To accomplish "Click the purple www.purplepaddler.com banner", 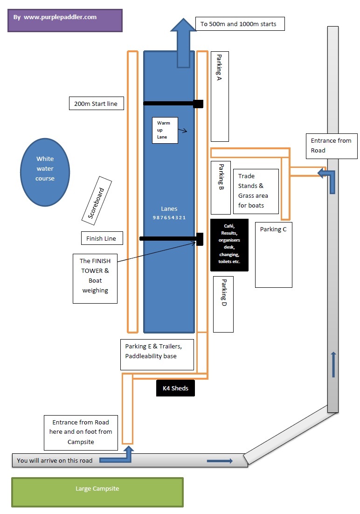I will pyautogui.click(x=65, y=21).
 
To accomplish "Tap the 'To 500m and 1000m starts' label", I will pyautogui.click(x=240, y=24).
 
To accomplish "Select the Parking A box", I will pyautogui.click(x=220, y=96).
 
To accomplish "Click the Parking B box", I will pyautogui.click(x=221, y=188).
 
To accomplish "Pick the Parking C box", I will pyautogui.click(x=274, y=255).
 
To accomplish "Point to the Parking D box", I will pyautogui.click(x=223, y=304).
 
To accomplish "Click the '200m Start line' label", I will pyautogui.click(x=96, y=104).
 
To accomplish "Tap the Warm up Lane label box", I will pyautogui.click(x=165, y=130).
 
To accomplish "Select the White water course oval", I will pyautogui.click(x=45, y=172).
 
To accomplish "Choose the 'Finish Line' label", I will pyautogui.click(x=102, y=238).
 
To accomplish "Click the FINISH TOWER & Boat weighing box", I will pyautogui.click(x=95, y=278).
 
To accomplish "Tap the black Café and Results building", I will pyautogui.click(x=229, y=244).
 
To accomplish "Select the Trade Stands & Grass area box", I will pyautogui.click(x=255, y=191).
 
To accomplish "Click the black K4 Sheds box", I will pyautogui.click(x=175, y=388).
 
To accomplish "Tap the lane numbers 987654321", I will pyautogui.click(x=169, y=218).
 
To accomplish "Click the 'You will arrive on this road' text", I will pyautogui.click(x=55, y=460).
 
